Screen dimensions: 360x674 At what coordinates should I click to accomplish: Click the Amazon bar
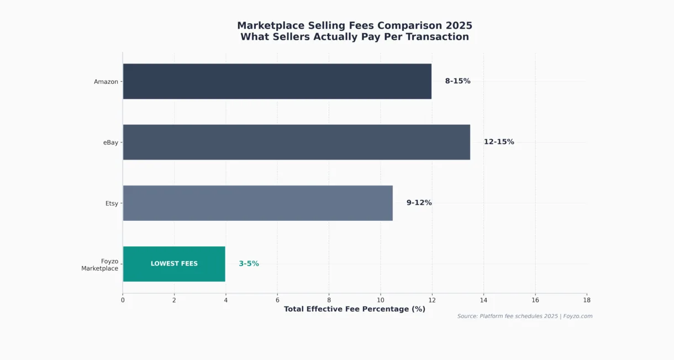277,81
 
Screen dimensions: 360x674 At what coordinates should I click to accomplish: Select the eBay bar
296,142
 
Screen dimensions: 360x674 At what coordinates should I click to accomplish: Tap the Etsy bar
257,203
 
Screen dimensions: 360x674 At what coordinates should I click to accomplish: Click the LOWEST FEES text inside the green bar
174,264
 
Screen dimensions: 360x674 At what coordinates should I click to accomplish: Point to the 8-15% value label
457,81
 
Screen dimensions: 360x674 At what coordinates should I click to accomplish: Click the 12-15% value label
499,142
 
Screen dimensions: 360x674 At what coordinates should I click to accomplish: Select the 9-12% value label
419,203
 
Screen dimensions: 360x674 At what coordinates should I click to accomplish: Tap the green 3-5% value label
249,264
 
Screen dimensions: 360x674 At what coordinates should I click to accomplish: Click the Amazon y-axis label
106,82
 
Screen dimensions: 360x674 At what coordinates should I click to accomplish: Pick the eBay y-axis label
110,142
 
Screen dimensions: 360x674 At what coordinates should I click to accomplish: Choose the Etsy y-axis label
112,203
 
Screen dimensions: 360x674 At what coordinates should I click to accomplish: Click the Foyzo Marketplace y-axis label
100,264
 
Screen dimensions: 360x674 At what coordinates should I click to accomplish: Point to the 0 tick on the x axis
123,300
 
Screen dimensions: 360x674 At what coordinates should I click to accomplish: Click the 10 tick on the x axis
380,300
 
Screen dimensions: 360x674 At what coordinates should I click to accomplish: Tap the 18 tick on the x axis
586,300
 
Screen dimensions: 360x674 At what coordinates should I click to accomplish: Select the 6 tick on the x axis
277,300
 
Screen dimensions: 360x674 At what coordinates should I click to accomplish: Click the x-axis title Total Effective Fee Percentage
354,309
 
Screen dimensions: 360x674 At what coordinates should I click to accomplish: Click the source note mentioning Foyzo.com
524,316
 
